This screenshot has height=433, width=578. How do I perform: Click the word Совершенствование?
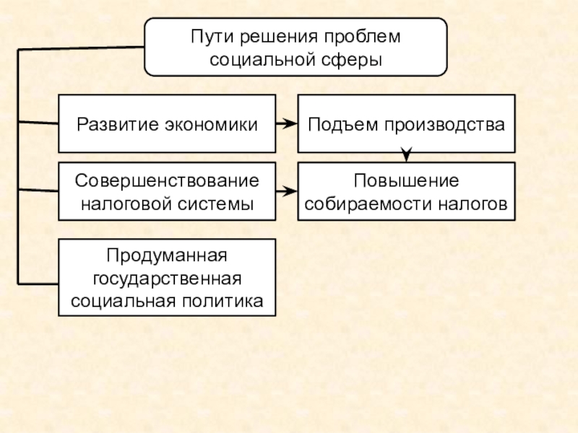167,179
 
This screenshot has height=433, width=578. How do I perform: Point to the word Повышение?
407,179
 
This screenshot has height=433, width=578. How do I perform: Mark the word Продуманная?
167,255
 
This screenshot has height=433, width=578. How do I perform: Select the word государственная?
167,278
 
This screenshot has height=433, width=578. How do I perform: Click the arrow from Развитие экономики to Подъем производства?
287,123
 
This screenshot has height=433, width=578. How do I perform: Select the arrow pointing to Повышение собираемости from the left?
287,191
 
